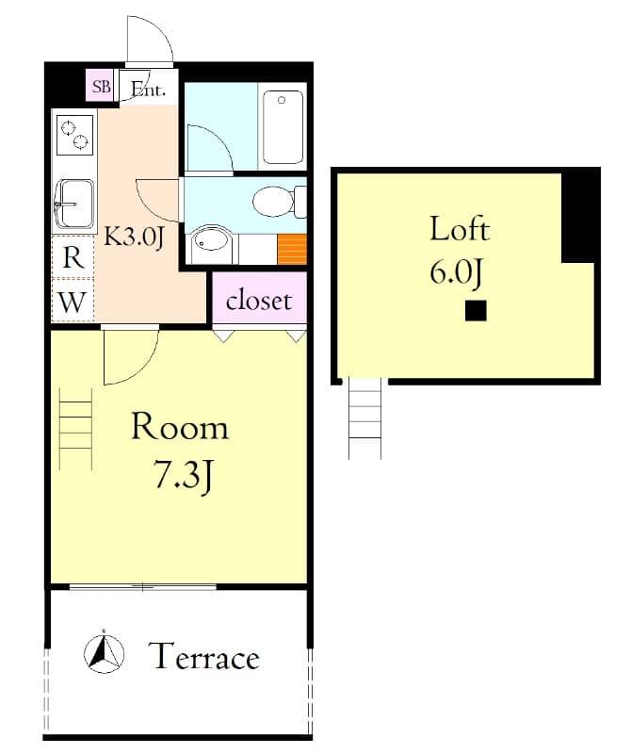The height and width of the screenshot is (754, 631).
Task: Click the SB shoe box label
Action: (102, 87)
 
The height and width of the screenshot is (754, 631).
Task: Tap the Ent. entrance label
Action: (149, 90)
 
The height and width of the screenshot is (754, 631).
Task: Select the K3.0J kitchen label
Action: (135, 238)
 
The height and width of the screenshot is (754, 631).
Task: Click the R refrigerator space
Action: (73, 257)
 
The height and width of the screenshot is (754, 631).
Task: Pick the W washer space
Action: (73, 302)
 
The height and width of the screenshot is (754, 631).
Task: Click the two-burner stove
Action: (75, 135)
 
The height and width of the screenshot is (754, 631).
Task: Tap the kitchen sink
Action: (74, 204)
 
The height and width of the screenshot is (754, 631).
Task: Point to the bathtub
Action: (283, 127)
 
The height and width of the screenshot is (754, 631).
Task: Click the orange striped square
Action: (292, 249)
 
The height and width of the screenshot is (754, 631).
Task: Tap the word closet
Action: (259, 301)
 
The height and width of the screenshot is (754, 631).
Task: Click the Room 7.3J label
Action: (180, 451)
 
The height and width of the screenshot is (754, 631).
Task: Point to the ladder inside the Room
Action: (75, 429)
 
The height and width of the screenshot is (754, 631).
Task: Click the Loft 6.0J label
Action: (459, 250)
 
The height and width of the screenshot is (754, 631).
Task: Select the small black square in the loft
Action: (476, 311)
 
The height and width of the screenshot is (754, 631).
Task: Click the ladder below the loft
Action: (365, 418)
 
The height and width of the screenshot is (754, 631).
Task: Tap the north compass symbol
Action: (104, 652)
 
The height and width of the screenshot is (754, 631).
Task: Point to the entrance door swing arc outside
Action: (159, 30)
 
